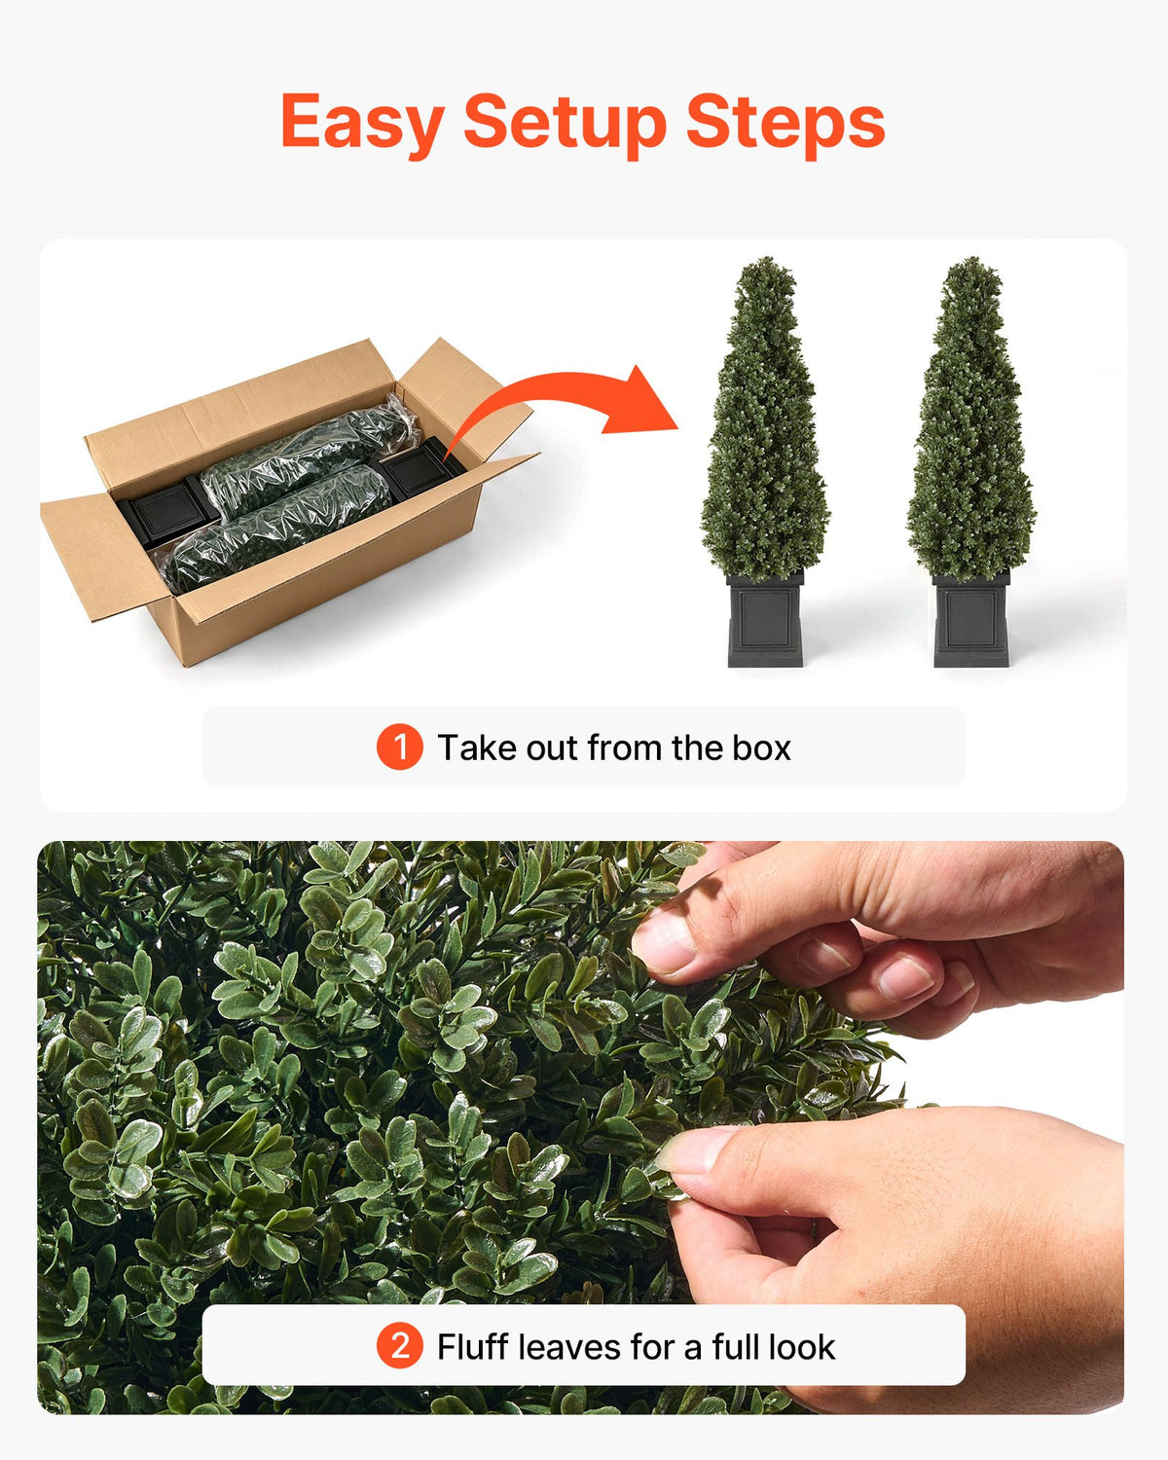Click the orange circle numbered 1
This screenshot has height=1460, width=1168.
coord(400,747)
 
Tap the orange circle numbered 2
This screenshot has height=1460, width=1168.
coord(400,1346)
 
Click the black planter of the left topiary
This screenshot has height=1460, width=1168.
coord(765,619)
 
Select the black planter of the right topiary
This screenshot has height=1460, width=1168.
coord(971,619)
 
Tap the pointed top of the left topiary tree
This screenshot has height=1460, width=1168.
coord(766,260)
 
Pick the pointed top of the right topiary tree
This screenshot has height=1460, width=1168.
coord(973,260)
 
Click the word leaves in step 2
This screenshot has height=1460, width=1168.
coord(568,1346)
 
